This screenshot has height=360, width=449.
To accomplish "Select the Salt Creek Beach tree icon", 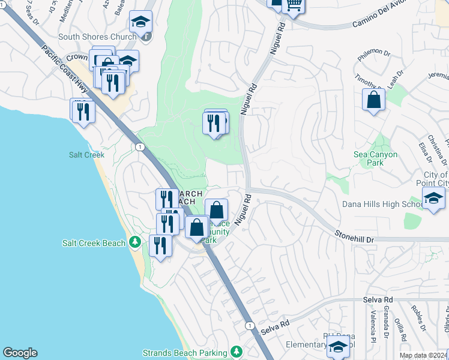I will click(136, 242).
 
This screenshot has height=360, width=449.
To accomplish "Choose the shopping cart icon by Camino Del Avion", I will click(294, 5).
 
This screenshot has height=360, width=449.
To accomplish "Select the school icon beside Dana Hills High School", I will click(433, 199).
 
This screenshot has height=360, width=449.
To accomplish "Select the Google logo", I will click(20, 353).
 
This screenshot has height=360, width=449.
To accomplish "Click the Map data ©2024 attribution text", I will click(423, 355).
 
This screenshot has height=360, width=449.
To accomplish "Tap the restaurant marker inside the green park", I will click(215, 124).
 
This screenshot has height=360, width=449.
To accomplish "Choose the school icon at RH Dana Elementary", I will click(338, 347).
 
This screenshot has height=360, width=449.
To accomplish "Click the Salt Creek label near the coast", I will click(86, 155).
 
